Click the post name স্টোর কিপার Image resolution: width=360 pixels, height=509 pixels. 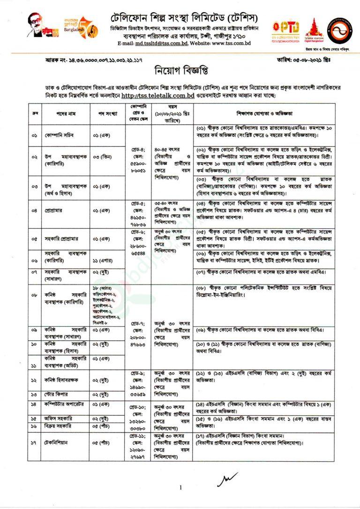click(x=57, y=394)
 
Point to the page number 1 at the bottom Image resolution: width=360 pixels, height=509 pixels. click(x=180, y=487)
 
